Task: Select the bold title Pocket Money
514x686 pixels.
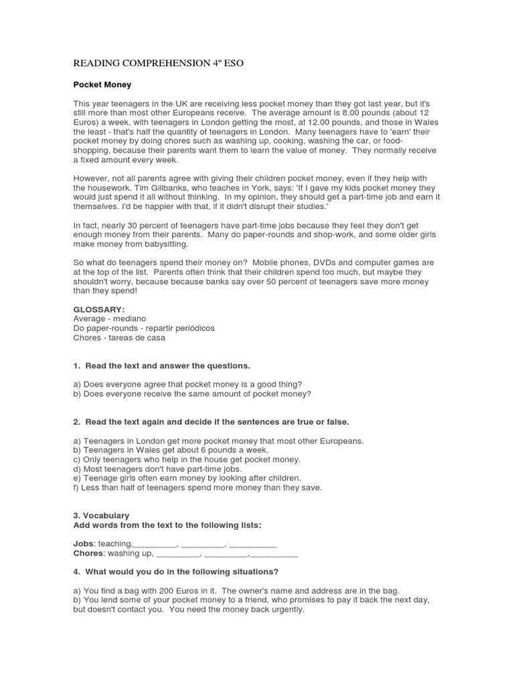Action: [x=102, y=85]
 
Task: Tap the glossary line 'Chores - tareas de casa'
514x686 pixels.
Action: [x=119, y=338]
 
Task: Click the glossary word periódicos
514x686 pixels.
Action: [x=190, y=328]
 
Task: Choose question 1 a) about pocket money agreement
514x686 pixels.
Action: [x=187, y=384]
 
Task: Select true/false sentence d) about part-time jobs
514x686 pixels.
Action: [x=157, y=469]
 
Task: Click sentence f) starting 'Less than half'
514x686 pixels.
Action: [x=197, y=488]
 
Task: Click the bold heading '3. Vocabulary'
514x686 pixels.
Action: [x=101, y=516]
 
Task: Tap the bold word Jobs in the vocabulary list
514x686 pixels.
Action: [x=84, y=544]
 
